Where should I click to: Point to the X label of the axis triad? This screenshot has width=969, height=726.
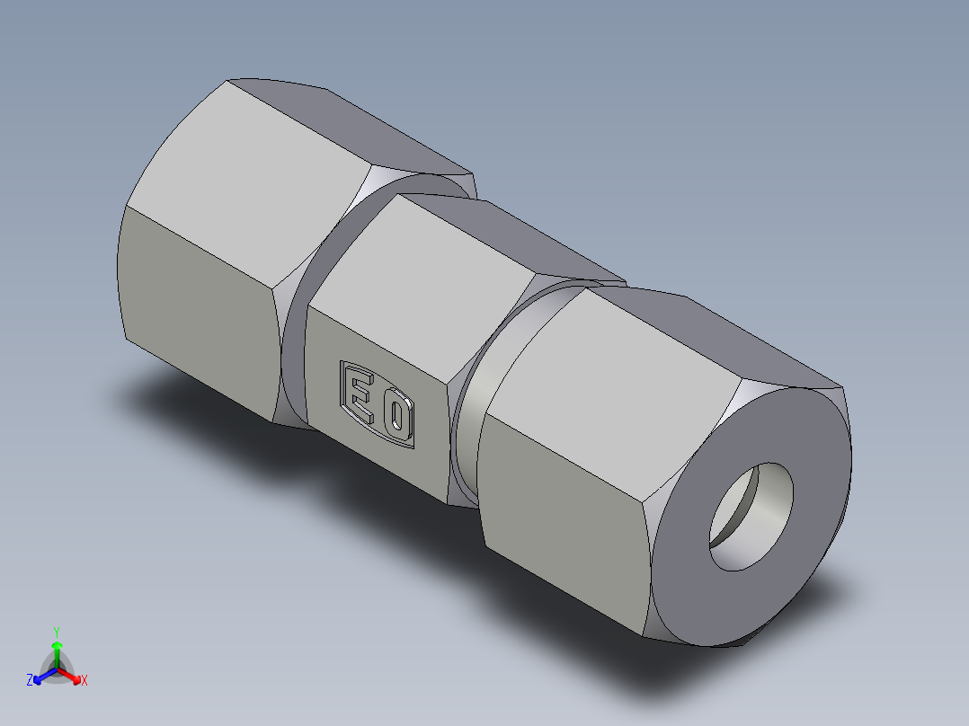coord(84,681)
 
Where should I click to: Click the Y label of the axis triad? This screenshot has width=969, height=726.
coord(56,632)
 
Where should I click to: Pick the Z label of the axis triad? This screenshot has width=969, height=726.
coord(30,681)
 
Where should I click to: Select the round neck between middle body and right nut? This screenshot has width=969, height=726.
coord(467,422)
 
